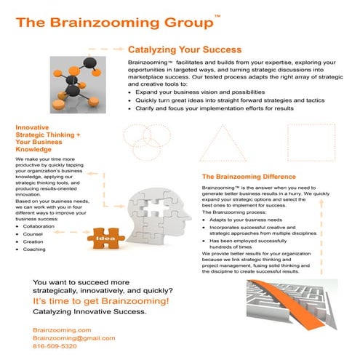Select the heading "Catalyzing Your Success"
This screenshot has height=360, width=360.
pyautogui.click(x=184, y=50)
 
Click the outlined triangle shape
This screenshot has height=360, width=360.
pyautogui.click(x=223, y=142)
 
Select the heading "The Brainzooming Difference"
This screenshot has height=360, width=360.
pyautogui.click(x=248, y=177)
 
